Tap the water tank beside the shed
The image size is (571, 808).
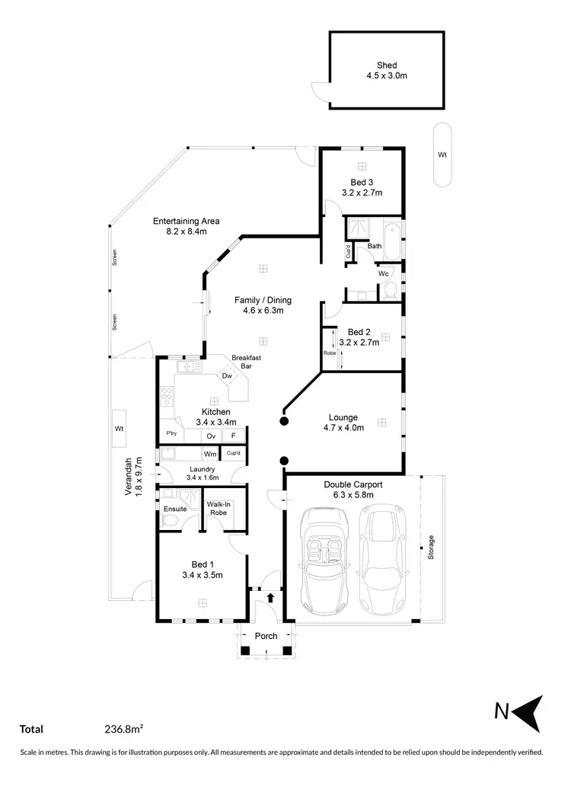click(x=442, y=155)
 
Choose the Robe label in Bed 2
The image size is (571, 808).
click(x=330, y=353)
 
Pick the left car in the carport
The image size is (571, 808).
click(x=325, y=558)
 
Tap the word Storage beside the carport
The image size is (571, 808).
click(x=431, y=548)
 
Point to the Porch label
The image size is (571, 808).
click(x=266, y=636)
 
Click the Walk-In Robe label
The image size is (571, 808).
click(x=219, y=509)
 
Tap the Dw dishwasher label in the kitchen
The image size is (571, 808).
click(x=227, y=376)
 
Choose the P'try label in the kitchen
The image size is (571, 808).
click(x=171, y=434)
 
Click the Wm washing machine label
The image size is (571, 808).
click(x=209, y=454)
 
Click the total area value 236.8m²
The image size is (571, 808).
click(x=124, y=729)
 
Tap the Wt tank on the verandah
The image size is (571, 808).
click(x=120, y=430)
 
